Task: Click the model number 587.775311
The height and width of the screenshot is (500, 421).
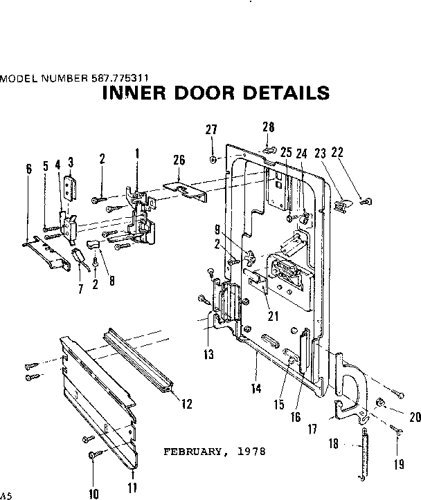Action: point(121,78)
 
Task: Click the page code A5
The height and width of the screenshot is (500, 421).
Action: point(6,495)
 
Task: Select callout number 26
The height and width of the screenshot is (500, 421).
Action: point(179,160)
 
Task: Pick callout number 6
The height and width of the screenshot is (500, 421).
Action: point(28,169)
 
